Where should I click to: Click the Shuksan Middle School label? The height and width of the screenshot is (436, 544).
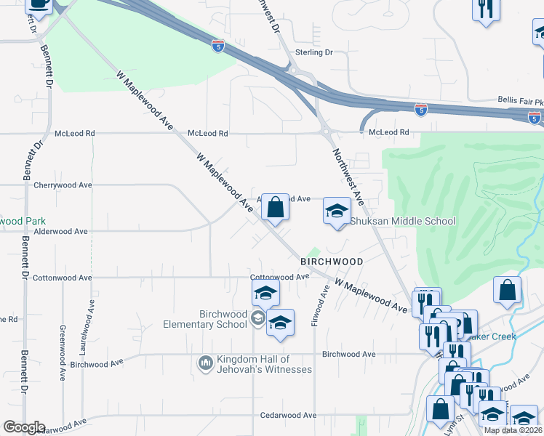pos(404,222)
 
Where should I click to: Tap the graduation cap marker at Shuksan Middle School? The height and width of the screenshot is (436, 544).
pos(337,211)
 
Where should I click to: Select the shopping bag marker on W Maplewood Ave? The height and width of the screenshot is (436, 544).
pos(275,208)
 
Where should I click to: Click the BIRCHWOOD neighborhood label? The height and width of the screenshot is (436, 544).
pos(332,261)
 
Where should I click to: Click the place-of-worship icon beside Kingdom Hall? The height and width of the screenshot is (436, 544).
pos(205,361)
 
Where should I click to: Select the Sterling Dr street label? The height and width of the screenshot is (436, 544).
pos(314,52)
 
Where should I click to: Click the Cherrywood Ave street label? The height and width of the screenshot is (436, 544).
pos(63,185)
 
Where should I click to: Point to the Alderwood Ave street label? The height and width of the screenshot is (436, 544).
pos(60,231)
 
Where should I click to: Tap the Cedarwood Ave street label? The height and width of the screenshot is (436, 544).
pos(289,415)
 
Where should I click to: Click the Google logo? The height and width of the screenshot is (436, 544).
pos(24,427)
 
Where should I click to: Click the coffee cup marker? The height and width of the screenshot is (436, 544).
pos(39,4)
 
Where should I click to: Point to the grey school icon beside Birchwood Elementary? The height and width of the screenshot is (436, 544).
pos(257,318)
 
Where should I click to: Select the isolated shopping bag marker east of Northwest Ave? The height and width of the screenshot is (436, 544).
pos(507,290)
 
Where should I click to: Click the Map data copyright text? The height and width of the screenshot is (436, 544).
pos(513,430)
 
